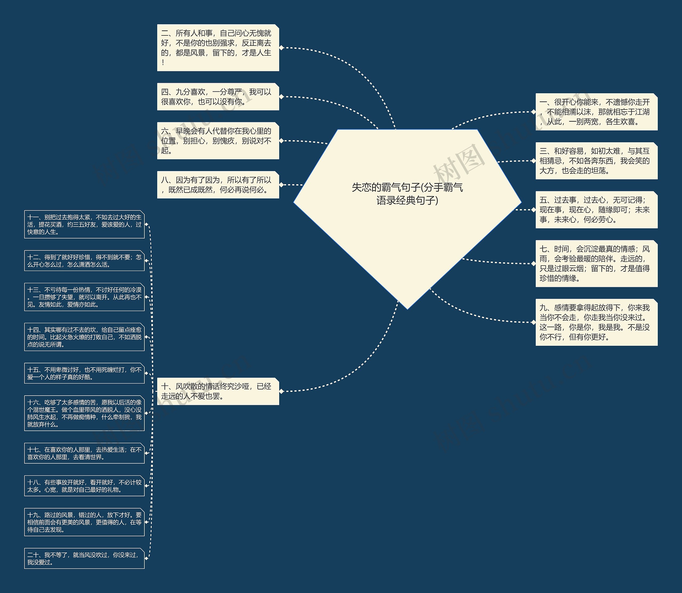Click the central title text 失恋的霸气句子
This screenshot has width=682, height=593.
pos(407,194)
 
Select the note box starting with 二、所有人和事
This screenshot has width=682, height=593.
pos(218,48)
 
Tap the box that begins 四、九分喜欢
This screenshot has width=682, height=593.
pos(218,97)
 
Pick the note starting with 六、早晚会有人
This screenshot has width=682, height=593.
pos(218,141)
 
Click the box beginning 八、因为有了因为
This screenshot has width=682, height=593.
pos(218,185)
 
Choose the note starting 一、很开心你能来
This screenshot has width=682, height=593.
pos(596,112)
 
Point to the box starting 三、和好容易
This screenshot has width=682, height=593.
pos(596,161)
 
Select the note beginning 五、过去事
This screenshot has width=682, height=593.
pos(596,210)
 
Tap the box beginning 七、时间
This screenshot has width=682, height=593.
pos(596,263)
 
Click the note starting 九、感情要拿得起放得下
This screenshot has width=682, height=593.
pos(596,322)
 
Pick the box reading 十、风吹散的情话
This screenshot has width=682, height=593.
pos(218,391)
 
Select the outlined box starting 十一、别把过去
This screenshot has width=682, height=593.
pos(84,224)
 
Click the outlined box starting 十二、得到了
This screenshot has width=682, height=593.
pos(84,261)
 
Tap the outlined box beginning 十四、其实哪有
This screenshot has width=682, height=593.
pos(84,337)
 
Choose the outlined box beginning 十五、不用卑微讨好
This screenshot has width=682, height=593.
pos(84,373)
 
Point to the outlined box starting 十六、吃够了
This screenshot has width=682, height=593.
pos(84,413)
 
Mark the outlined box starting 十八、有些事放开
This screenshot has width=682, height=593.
pos(84,486)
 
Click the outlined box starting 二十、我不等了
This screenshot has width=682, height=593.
pos(84,559)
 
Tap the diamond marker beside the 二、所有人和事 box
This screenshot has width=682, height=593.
pos(282,48)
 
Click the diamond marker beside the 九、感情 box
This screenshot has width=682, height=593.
pos(533,322)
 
